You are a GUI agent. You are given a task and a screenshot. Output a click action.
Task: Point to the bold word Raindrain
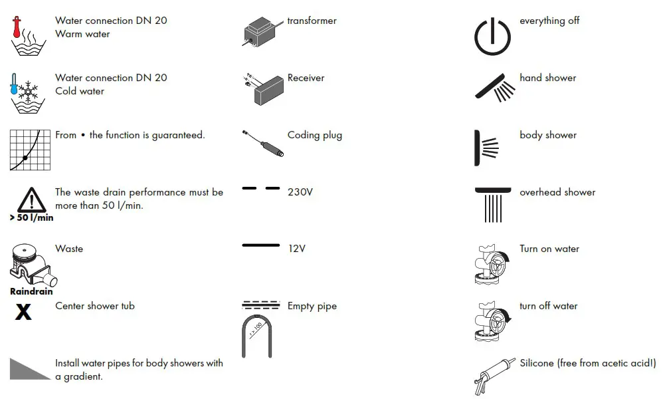click(31, 291)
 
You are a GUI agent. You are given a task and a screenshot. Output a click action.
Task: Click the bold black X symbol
click(23, 311)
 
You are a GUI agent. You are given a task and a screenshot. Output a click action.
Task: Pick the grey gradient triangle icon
click(30, 369)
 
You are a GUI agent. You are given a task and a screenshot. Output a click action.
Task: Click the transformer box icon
click(263, 31)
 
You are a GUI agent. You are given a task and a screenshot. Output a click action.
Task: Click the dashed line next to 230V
click(261, 189)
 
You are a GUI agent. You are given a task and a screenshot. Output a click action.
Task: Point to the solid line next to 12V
click(261, 245)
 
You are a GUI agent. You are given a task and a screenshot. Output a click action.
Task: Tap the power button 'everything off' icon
click(492, 37)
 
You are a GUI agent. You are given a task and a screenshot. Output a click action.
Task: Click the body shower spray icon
click(486, 147)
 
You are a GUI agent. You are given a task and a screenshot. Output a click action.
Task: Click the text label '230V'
click(300, 192)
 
